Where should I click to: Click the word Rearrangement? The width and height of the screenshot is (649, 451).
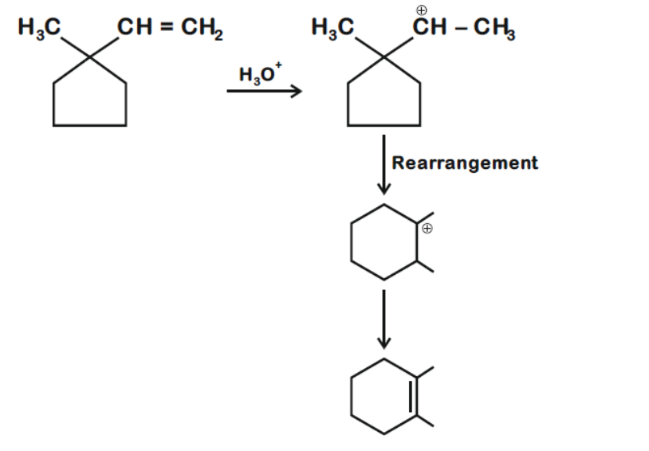point(465,163)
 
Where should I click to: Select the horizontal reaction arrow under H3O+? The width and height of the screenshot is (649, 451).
point(264,92)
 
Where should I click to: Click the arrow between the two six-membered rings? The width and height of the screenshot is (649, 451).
point(384,319)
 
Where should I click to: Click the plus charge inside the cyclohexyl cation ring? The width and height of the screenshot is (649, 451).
point(427,229)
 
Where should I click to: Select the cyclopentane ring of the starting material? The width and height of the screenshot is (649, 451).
point(89,100)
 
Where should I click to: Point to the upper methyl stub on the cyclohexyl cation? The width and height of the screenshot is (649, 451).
point(426,217)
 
